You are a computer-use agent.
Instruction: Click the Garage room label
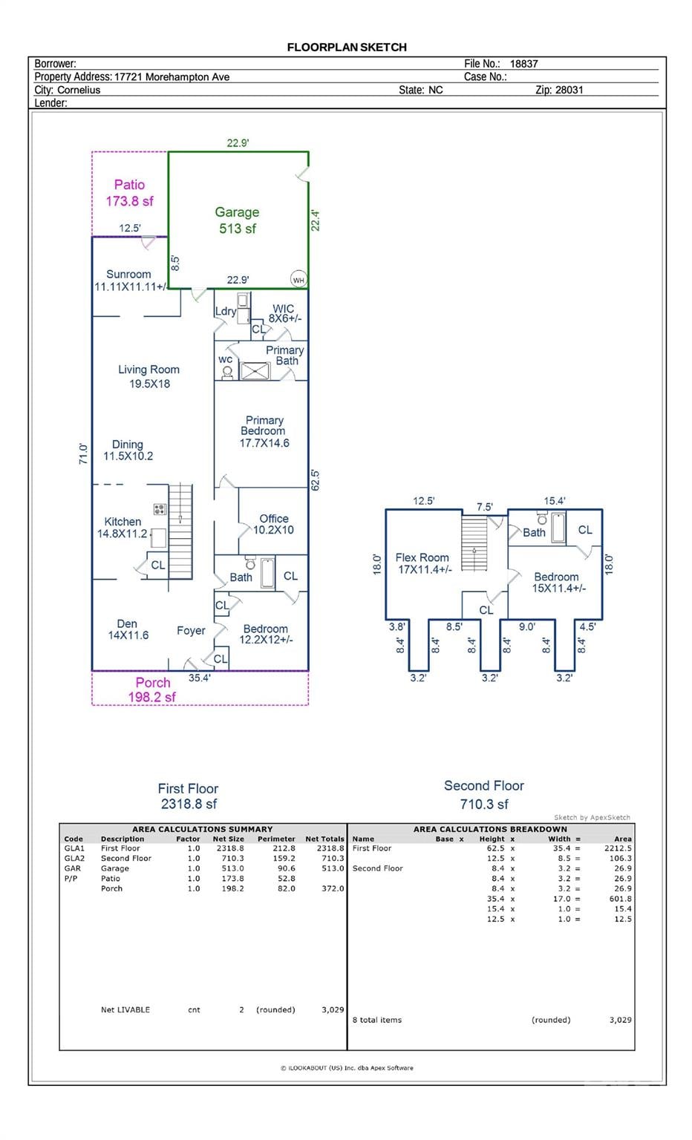(237, 212)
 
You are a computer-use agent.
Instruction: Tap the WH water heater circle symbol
(298, 279)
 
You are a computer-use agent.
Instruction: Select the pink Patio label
(129, 185)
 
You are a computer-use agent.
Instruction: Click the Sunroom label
(128, 275)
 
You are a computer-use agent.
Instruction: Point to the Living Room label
(148, 370)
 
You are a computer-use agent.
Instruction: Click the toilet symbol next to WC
(227, 373)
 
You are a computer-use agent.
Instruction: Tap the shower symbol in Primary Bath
(255, 371)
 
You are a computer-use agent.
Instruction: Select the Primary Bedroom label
(264, 425)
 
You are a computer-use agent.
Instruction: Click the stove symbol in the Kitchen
(160, 509)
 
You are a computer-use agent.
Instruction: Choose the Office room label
(274, 519)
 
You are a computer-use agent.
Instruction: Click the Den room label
(127, 624)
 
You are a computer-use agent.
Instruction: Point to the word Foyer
(191, 631)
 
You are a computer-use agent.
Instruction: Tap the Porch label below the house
(153, 683)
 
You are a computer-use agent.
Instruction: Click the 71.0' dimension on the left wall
(83, 453)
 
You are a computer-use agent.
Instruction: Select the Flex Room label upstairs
(422, 558)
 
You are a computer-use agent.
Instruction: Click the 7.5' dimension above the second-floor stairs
(485, 507)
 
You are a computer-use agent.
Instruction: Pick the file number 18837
(524, 64)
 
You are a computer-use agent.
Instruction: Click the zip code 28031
(569, 90)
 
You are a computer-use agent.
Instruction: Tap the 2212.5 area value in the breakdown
(618, 848)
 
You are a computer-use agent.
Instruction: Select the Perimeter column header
(276, 839)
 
